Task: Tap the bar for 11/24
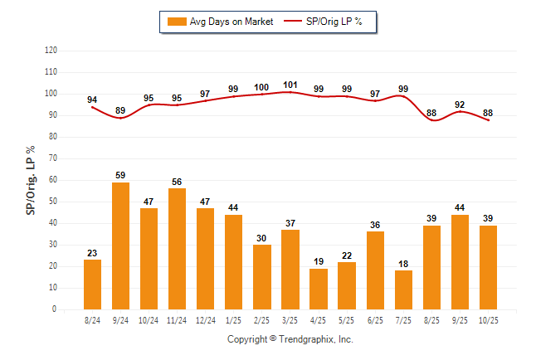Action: (177, 249)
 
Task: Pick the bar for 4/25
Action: (319, 289)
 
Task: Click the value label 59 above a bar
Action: (120, 176)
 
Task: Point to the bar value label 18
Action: (403, 264)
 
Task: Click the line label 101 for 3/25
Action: (290, 85)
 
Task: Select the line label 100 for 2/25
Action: (261, 87)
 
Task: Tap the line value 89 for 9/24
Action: (120, 110)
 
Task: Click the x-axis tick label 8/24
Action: (92, 319)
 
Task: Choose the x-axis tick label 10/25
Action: (488, 319)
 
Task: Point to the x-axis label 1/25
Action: (233, 319)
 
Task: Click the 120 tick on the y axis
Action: (51, 51)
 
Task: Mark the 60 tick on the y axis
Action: (53, 180)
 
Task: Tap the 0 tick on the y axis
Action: (55, 309)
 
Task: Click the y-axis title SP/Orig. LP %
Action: (31, 180)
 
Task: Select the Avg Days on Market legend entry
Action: (220, 22)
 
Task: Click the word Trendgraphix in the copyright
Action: (306, 339)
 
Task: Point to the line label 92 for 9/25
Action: (460, 105)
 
